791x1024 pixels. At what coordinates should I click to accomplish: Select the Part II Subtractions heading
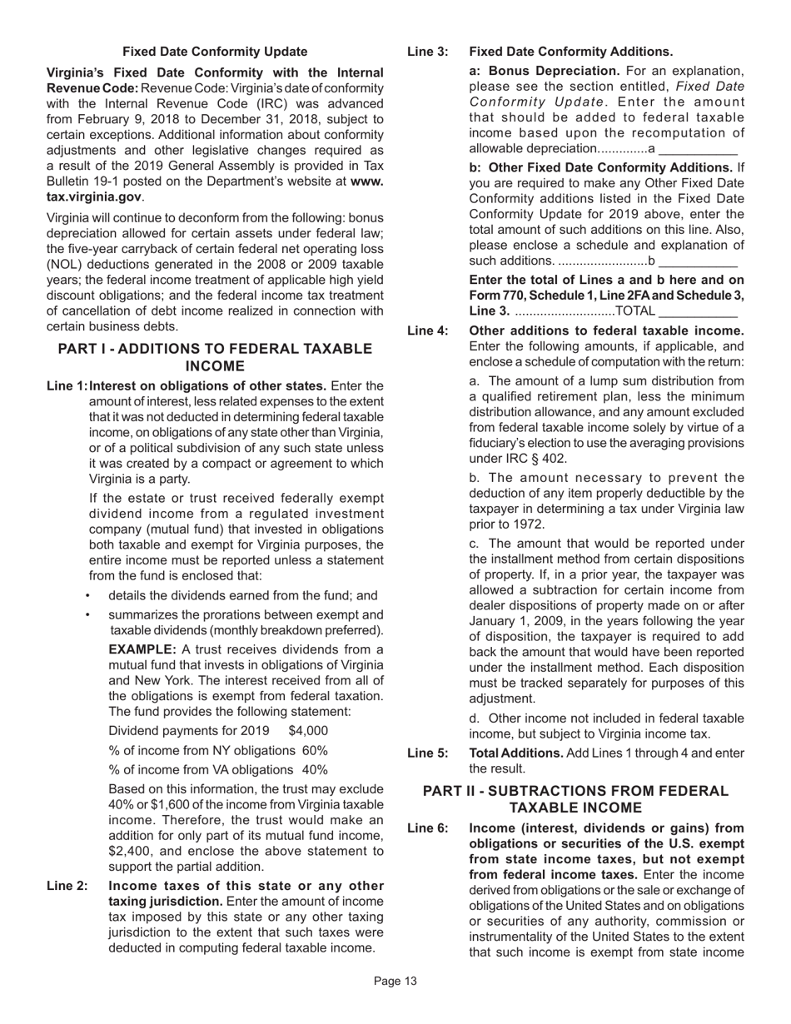[x=575, y=799]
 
